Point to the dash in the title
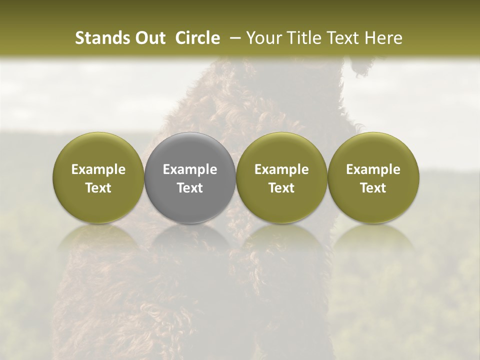(x=233, y=38)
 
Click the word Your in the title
(x=263, y=38)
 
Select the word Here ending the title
(x=382, y=38)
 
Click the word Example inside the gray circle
(x=190, y=169)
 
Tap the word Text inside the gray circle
(x=190, y=188)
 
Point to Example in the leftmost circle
(x=98, y=169)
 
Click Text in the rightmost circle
(x=373, y=188)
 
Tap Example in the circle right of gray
(x=281, y=169)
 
